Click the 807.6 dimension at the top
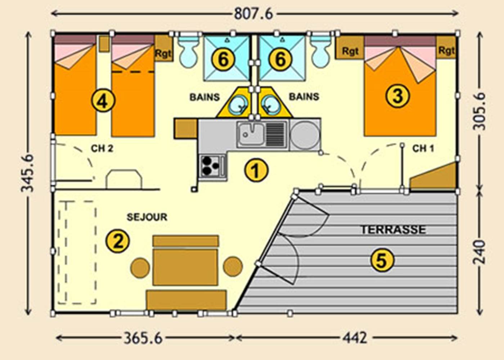[x=253, y=14]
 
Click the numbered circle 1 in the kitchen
[x=256, y=170]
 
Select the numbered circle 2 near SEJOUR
[x=118, y=241]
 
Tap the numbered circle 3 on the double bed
[x=397, y=96]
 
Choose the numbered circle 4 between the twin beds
[x=103, y=101]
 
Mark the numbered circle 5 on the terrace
[x=382, y=260]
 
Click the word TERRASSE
[x=393, y=230]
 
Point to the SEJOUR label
[x=147, y=217]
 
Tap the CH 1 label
[x=423, y=148]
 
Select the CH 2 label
[x=102, y=148]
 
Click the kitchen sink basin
[x=251, y=135]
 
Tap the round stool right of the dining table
[x=233, y=267]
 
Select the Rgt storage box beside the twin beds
[x=163, y=53]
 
